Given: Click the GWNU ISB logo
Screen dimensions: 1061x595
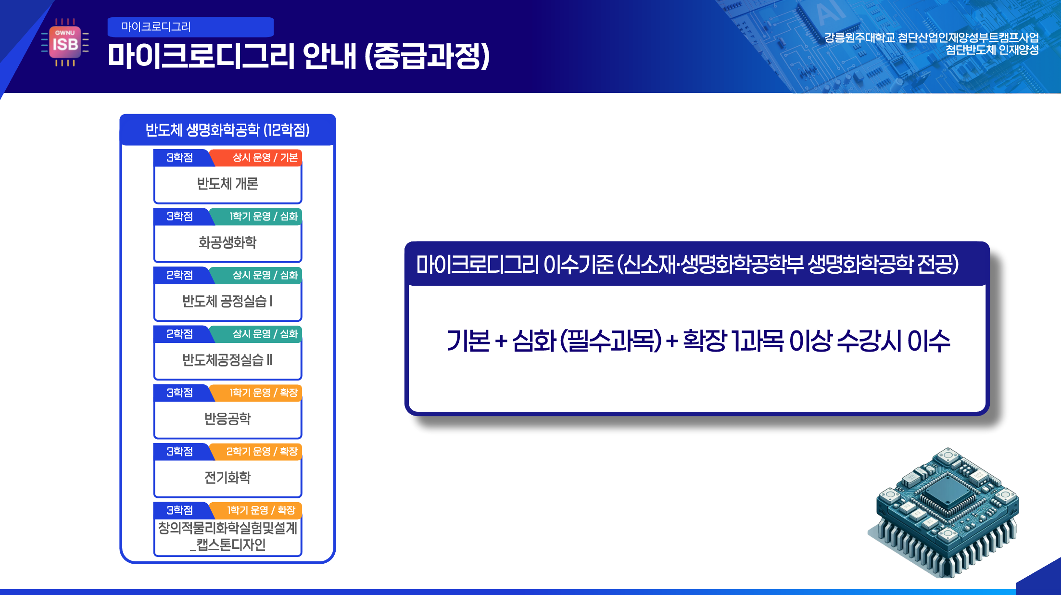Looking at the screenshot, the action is click(x=65, y=43).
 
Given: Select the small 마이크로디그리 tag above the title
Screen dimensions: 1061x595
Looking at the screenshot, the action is click(x=190, y=27).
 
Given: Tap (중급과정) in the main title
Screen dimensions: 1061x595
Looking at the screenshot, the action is click(x=427, y=56).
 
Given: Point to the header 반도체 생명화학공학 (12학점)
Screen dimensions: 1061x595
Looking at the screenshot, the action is click(x=227, y=130).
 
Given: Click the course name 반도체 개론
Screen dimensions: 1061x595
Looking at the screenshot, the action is click(x=227, y=184).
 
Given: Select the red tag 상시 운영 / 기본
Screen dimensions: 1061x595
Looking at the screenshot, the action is click(x=265, y=158).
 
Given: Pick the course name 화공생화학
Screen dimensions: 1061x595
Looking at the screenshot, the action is click(x=227, y=242).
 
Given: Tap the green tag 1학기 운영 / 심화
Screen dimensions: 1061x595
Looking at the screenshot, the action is click(x=264, y=216).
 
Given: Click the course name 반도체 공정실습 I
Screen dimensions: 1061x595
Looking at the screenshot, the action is click(x=227, y=301).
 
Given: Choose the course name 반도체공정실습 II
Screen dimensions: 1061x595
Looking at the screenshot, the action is click(x=227, y=360).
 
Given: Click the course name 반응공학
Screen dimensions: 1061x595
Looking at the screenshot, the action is click(x=227, y=418).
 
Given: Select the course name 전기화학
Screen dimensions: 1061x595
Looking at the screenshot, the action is click(x=227, y=478).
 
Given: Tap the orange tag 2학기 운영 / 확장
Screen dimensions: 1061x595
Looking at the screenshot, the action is click(x=262, y=452).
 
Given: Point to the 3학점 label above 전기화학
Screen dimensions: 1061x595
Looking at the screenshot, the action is click(x=180, y=452).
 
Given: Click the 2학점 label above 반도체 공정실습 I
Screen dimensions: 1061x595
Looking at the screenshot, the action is click(x=180, y=275).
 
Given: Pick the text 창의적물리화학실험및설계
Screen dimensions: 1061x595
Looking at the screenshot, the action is click(x=227, y=528).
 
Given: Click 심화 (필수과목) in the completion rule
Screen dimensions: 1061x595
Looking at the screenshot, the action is click(x=587, y=341).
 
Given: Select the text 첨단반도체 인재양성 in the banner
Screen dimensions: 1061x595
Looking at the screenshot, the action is click(x=992, y=50).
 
